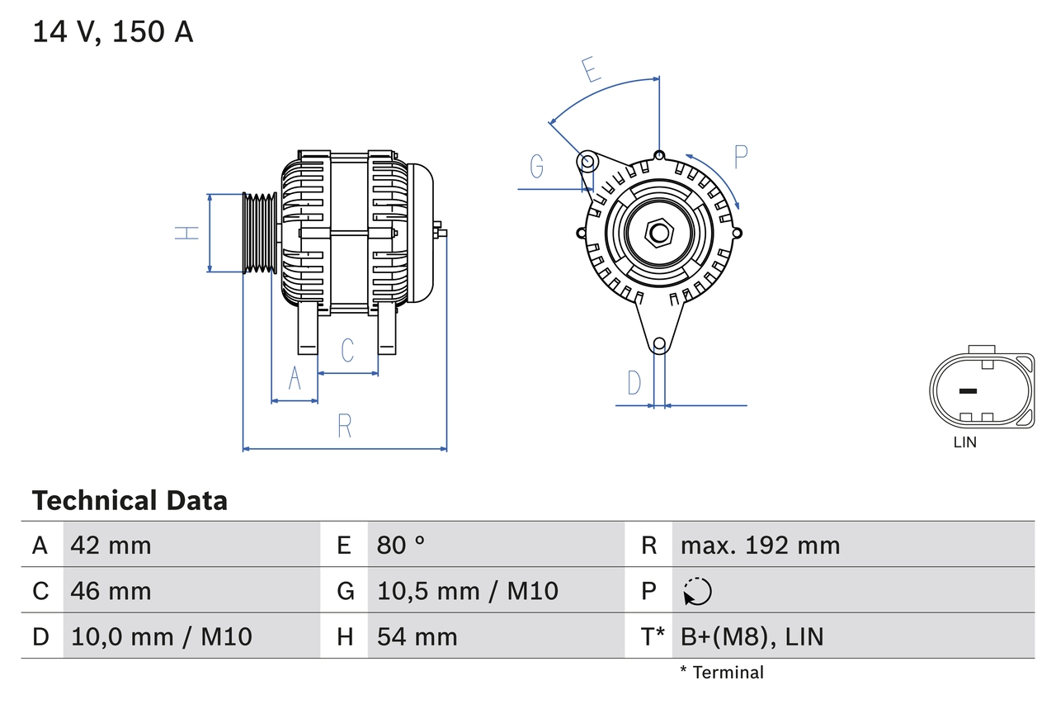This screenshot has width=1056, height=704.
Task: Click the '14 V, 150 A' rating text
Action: pyautogui.click(x=113, y=32)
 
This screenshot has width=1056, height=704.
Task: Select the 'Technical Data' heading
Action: pyautogui.click(x=130, y=500)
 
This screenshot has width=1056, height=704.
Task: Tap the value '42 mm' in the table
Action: pyautogui.click(x=111, y=545)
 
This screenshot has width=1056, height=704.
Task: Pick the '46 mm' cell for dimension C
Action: pyautogui.click(x=111, y=591)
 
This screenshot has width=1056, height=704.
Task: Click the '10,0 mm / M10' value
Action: pyautogui.click(x=162, y=636)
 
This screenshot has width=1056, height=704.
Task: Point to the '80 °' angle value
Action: pyautogui.click(x=401, y=545)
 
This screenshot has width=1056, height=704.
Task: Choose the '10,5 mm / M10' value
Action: pyautogui.click(x=468, y=591)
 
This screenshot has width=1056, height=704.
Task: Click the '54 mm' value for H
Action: pyautogui.click(x=417, y=636)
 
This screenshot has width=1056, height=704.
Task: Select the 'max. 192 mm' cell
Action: pyautogui.click(x=760, y=545)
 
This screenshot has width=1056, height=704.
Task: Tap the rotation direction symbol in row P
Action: pyautogui.click(x=697, y=591)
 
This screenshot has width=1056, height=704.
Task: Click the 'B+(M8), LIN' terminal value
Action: pyautogui.click(x=752, y=636)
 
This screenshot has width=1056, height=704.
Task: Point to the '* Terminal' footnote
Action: pyautogui.click(x=722, y=673)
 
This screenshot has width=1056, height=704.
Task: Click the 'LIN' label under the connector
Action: pyautogui.click(x=964, y=442)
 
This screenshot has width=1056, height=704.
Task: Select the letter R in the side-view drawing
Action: pyautogui.click(x=345, y=426)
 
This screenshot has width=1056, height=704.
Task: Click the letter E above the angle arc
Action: pyautogui.click(x=590, y=71)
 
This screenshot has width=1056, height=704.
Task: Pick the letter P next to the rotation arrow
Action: pyautogui.click(x=740, y=156)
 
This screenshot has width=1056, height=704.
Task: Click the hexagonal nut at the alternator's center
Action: pyautogui.click(x=658, y=232)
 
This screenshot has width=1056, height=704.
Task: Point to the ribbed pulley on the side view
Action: pyautogui.click(x=260, y=233)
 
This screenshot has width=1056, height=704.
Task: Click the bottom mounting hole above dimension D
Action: pyautogui.click(x=659, y=344)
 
